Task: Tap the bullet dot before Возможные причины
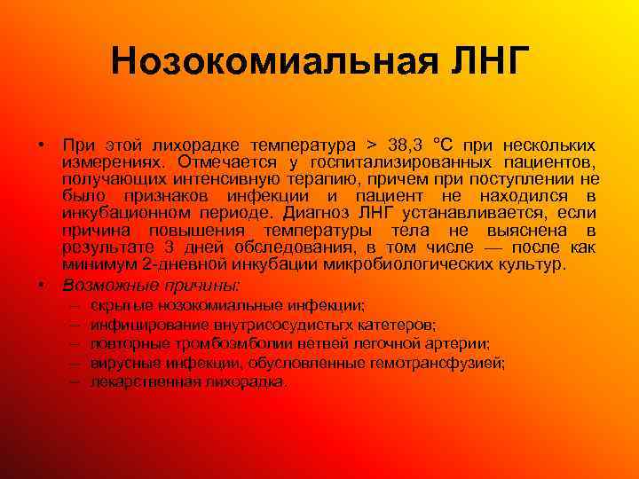coord(42,285)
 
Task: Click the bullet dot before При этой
coord(42,145)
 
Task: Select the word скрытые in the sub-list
coord(117,305)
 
